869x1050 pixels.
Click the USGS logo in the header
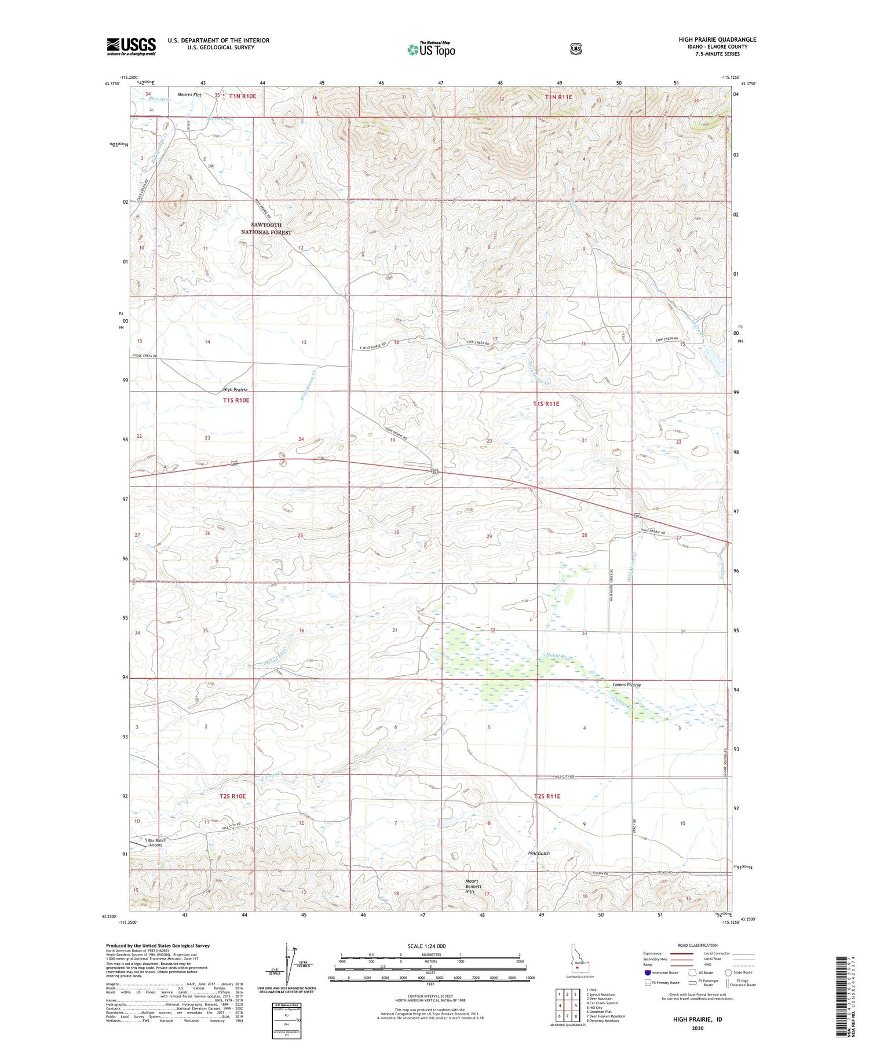131,46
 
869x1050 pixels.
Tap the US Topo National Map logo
431,49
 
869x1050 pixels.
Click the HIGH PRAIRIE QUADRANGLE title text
717,39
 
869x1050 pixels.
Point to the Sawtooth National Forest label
266,228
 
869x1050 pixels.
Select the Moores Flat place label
189,94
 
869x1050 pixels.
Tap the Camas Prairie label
626,685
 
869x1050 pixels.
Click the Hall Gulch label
538,853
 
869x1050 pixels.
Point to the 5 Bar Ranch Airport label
155,842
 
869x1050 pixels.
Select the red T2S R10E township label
232,796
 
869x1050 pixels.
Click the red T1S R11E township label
546,403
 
